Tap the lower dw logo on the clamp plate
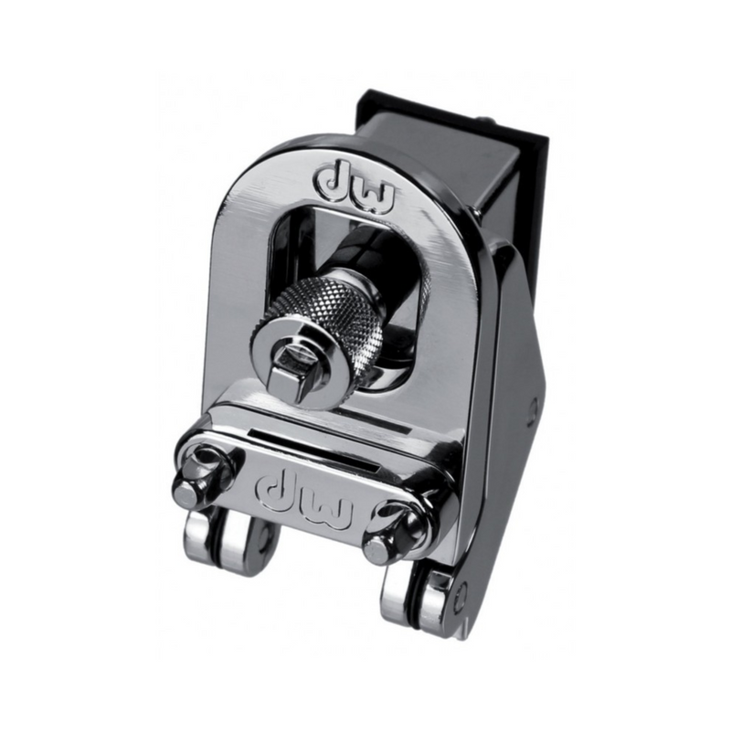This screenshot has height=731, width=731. (x=303, y=497)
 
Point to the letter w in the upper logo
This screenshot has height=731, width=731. (x=374, y=195)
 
